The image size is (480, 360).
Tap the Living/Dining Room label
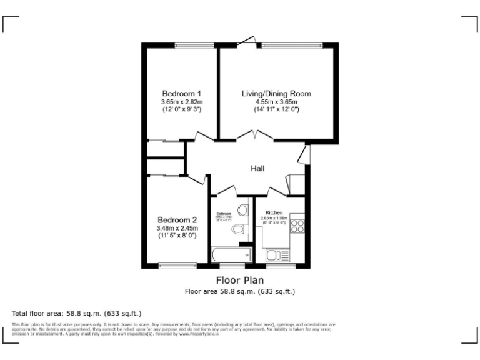pyautogui.click(x=276, y=94)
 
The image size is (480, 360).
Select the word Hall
pyautogui.click(x=257, y=169)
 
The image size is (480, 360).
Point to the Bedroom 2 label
pyautogui.click(x=177, y=220)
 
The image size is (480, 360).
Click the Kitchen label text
pyautogui.click(x=274, y=212)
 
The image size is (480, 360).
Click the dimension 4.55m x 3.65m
pyautogui.click(x=276, y=102)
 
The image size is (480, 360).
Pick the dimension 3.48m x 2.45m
pyautogui.click(x=177, y=228)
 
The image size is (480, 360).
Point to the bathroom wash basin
pyautogui.click(x=243, y=209)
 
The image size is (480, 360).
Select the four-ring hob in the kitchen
pyautogui.click(x=297, y=225)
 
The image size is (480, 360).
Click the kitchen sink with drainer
pyautogui.click(x=277, y=255)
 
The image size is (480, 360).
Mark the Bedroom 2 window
pyautogui.click(x=177, y=266)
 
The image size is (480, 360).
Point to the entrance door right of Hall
pyautogui.click(x=304, y=154)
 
